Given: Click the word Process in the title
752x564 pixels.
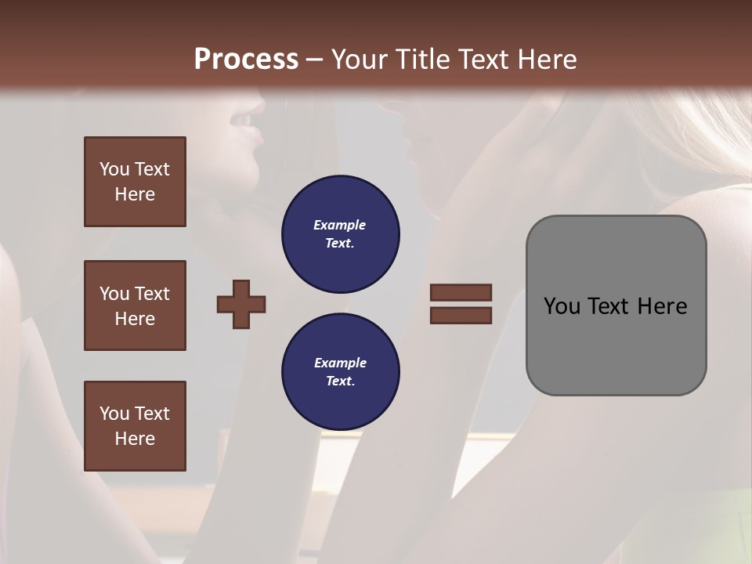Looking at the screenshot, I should pos(246,60).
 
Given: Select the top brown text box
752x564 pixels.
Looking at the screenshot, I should pos(135,182).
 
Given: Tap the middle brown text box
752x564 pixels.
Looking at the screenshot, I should pos(135,305).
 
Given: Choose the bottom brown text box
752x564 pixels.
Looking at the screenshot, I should pos(135,426).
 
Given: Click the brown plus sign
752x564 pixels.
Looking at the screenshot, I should pos(241,303).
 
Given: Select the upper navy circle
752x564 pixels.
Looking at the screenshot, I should pos(340,234).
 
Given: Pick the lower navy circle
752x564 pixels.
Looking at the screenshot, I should pos(340,372).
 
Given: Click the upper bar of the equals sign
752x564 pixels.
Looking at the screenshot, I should pos(461,292).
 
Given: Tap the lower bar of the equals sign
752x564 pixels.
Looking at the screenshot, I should pos(461,315).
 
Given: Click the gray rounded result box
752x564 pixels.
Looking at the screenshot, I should pos(616,345).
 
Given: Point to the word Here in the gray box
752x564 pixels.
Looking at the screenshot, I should pos(662,306).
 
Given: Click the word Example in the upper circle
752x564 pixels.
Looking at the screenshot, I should pos(340,225).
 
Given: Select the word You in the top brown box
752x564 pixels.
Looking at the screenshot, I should pos(113,169).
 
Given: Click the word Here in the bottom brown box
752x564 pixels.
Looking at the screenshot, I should pos(135,439).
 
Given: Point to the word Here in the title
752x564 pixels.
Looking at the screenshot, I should pos(546,60).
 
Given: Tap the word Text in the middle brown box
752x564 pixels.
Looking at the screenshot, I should pos(151,294).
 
